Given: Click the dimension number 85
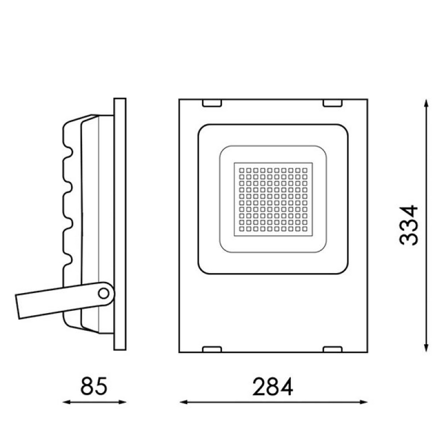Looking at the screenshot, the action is click(x=94, y=386).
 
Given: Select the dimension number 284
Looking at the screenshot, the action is click(x=273, y=387).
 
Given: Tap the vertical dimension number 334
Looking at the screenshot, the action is click(x=408, y=225).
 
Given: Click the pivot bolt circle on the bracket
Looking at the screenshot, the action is click(x=103, y=293).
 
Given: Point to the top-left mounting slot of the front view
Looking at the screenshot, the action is click(x=212, y=103).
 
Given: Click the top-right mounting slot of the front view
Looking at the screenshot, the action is click(x=333, y=103).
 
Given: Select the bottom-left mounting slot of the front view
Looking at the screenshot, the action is click(x=212, y=349).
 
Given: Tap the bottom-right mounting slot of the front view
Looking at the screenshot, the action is click(x=333, y=349).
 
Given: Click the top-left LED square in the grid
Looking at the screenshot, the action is click(x=242, y=170).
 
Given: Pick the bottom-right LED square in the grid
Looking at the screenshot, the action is click(x=305, y=229).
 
